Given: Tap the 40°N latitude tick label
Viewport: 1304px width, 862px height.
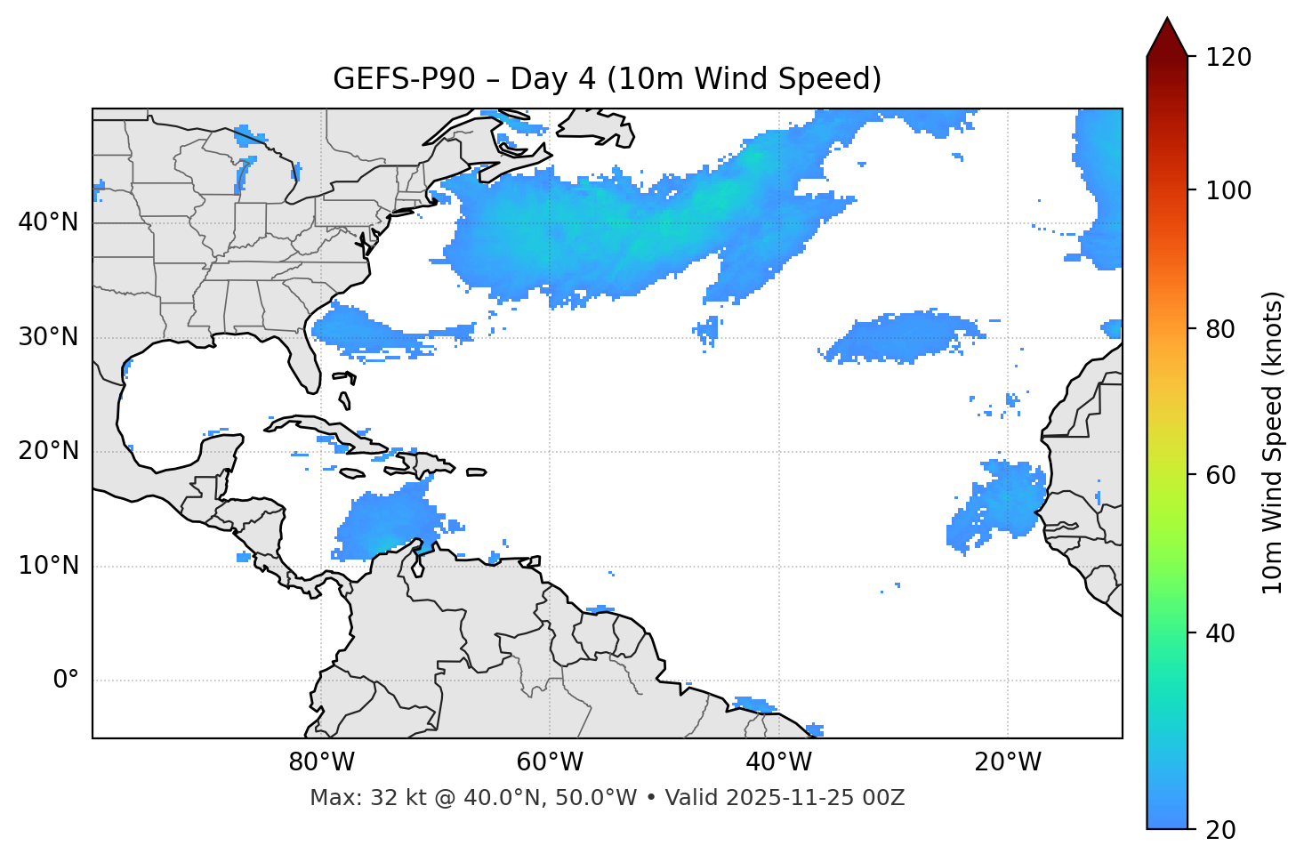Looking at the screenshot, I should click(48, 222).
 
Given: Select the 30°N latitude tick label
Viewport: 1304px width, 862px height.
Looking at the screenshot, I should click(48, 337).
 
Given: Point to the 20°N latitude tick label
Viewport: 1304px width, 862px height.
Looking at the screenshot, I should click(48, 451).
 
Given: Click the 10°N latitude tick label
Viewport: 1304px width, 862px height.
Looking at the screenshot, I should click(48, 566).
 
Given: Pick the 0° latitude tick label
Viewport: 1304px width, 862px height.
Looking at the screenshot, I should click(66, 681).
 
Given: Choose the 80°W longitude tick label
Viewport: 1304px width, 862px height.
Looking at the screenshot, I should click(321, 762).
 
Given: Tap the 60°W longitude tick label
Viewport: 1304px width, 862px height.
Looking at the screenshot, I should click(550, 762).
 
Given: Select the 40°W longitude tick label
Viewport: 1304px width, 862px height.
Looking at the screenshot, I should click(778, 762).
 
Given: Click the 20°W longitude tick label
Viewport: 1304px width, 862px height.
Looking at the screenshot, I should click(1007, 762).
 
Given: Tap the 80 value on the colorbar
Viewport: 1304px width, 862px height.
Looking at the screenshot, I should click(1224, 329).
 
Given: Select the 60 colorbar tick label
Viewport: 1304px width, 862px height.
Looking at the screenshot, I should click(1224, 475).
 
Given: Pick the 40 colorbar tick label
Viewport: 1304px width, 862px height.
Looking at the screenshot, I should click(1224, 633).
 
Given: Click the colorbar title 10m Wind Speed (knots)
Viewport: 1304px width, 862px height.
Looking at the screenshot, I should click(1273, 442).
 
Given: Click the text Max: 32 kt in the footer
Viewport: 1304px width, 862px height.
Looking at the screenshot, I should click(350, 798).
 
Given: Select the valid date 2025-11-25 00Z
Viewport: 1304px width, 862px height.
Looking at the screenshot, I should click(815, 798).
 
